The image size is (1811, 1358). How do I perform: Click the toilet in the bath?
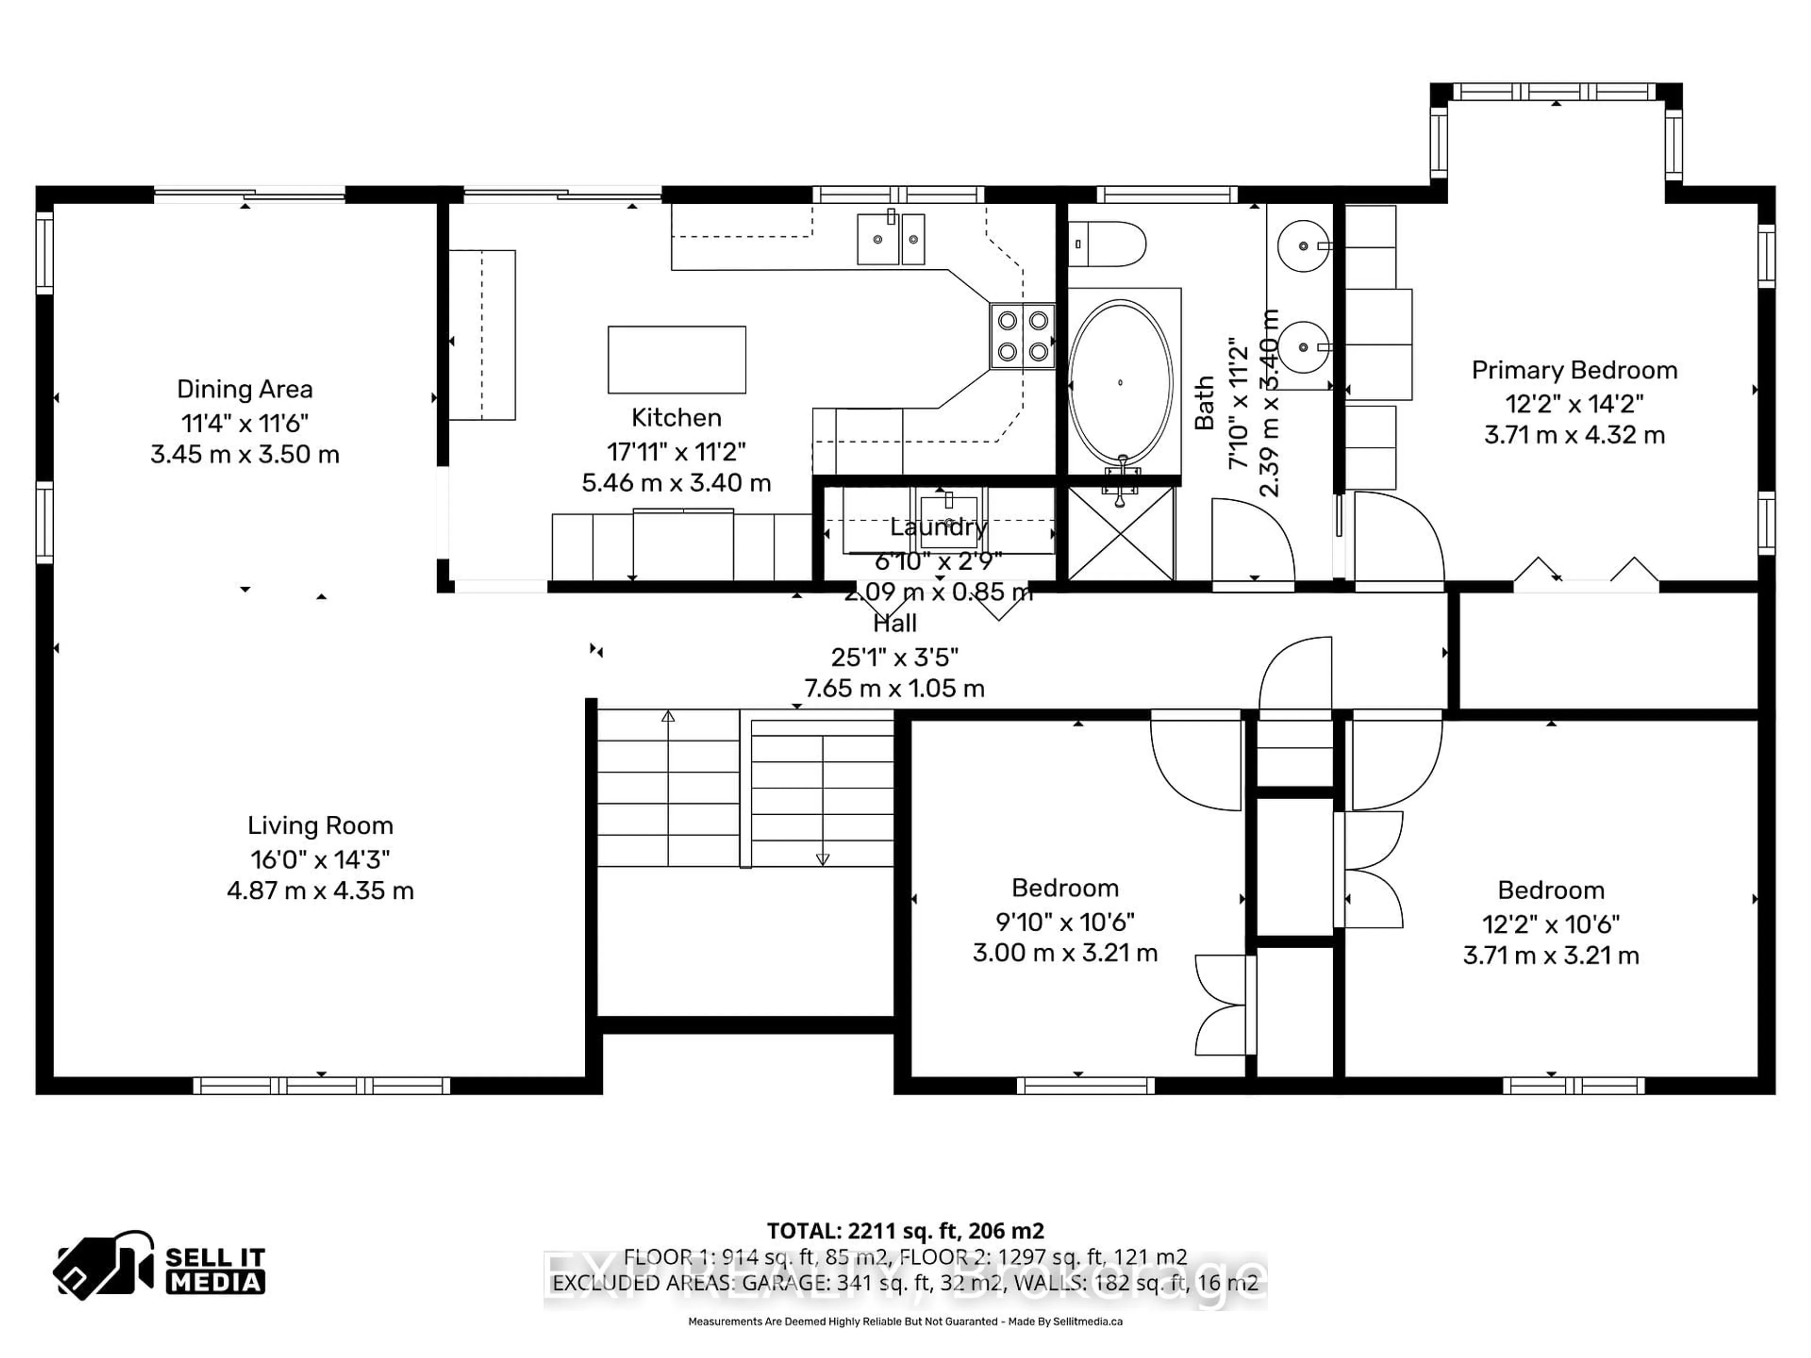[x=1107, y=244]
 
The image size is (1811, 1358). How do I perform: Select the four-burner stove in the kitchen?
[x=1022, y=336]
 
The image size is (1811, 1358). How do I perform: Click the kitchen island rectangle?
[x=676, y=359]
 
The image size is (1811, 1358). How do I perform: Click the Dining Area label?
[x=245, y=389]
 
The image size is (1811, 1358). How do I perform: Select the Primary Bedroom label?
[x=1574, y=370]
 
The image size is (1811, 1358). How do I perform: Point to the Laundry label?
[x=938, y=527]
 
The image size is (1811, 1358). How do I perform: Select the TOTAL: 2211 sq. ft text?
[x=905, y=1230]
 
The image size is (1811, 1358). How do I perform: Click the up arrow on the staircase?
[x=668, y=716]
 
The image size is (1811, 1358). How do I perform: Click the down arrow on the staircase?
[x=822, y=859]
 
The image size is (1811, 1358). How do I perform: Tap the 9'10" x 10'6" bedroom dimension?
[x=1064, y=922]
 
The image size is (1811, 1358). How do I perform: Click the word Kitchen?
[x=676, y=417]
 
